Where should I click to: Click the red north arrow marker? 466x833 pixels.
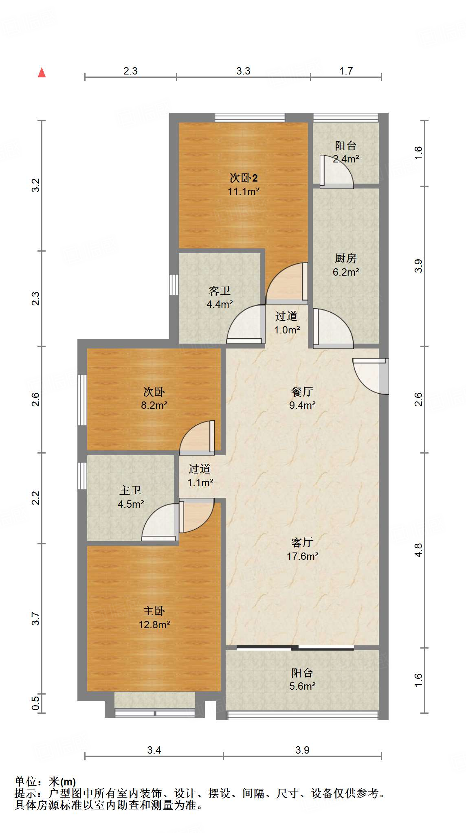(42, 72)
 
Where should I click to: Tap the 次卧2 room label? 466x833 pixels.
(244, 178)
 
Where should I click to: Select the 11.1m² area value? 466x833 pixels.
(244, 191)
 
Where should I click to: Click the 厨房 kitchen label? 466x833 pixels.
(345, 258)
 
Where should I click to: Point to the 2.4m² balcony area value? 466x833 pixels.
(346, 159)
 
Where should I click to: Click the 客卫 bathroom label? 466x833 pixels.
(220, 291)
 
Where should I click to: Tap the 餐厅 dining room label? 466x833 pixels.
(302, 392)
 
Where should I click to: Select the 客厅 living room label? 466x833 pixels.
(302, 542)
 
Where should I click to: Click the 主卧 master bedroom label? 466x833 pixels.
(154, 611)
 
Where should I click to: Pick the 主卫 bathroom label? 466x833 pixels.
(130, 491)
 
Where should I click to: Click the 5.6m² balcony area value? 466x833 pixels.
(302, 686)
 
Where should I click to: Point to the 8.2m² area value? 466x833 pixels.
(154, 405)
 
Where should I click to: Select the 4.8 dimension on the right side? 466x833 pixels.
(418, 550)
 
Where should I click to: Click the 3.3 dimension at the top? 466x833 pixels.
(243, 71)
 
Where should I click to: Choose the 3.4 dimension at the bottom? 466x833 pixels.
(154, 750)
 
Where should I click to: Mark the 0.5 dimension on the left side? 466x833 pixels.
(36, 703)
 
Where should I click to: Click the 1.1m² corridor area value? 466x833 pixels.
(200, 483)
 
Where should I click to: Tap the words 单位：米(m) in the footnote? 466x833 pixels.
(45, 782)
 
